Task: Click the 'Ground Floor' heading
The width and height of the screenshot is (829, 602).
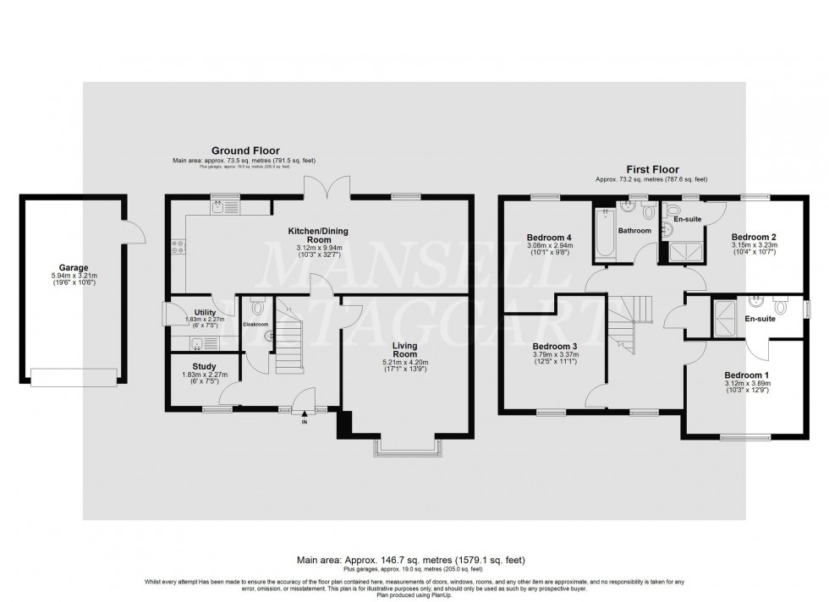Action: (244, 150)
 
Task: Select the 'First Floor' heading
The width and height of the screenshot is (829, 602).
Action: (651, 170)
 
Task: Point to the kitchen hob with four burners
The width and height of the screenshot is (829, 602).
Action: (178, 246)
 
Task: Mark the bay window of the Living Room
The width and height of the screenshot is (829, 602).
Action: (408, 448)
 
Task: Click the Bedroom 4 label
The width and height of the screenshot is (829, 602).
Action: (550, 237)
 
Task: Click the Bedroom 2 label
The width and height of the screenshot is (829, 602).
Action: (754, 236)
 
